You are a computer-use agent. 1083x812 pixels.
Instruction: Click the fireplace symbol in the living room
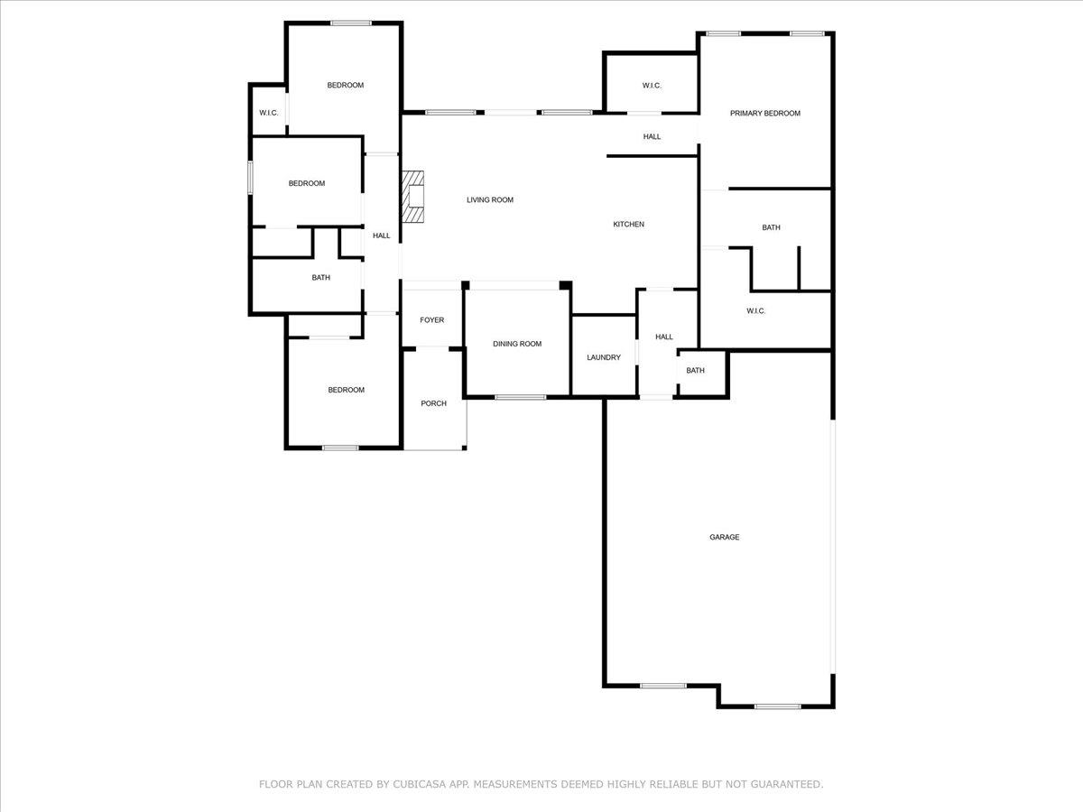tap(413, 197)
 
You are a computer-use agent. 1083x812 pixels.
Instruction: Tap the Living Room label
tap(490, 199)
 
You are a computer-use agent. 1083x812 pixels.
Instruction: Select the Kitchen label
tap(628, 225)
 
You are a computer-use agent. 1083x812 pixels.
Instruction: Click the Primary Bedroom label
tap(765, 114)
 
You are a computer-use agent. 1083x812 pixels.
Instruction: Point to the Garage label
tap(725, 537)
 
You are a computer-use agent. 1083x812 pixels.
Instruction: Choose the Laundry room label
tap(604, 357)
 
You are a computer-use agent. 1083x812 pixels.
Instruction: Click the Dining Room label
tap(517, 344)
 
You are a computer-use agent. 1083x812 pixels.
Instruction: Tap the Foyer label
tap(431, 320)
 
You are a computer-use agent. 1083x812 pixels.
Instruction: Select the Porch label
tap(434, 403)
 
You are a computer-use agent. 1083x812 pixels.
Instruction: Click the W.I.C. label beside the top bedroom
tap(269, 113)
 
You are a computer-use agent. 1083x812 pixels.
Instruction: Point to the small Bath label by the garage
tap(695, 370)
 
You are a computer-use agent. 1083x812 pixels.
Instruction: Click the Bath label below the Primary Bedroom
tap(771, 227)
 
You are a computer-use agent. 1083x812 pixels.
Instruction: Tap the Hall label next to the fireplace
tap(382, 235)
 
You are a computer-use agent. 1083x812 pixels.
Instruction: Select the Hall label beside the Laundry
tap(664, 337)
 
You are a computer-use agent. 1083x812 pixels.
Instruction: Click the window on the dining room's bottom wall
tap(521, 397)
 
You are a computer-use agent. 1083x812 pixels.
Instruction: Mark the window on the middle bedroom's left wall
tap(251, 178)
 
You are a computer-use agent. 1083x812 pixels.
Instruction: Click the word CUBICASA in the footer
tap(419, 784)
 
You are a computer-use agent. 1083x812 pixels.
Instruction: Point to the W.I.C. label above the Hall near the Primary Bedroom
tap(652, 86)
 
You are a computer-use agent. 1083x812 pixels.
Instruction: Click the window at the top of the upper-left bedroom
tap(351, 23)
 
